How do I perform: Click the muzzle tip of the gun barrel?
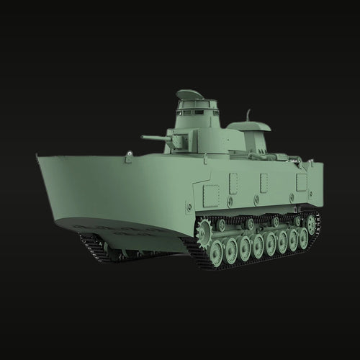[143, 138]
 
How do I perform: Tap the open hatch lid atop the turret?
[189, 94]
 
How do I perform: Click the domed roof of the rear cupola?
[248, 126]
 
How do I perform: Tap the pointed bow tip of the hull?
[38, 155]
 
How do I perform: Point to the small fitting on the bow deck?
[128, 154]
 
